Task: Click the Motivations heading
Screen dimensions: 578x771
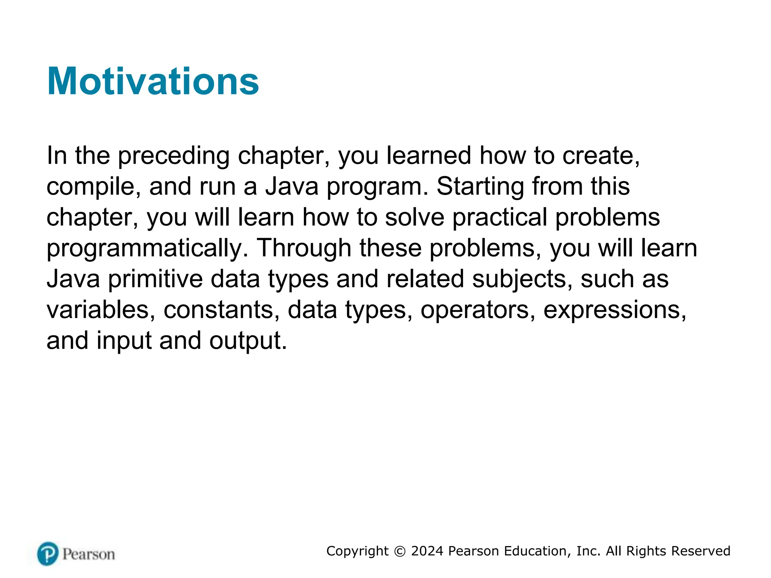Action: (153, 82)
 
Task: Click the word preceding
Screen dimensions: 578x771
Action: (174, 156)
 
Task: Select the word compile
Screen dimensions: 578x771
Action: (93, 187)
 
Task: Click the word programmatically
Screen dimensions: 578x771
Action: (147, 249)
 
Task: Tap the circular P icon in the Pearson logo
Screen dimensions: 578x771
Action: (48, 554)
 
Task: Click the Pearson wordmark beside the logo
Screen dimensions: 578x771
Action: (88, 554)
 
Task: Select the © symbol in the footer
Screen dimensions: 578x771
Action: (400, 551)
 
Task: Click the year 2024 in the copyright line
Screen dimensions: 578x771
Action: (427, 551)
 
